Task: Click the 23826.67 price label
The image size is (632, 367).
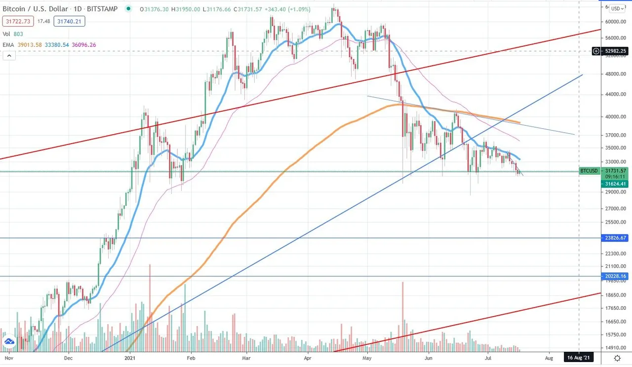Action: tap(615, 238)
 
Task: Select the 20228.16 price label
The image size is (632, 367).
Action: tap(615, 276)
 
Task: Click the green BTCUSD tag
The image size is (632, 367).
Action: tap(589, 171)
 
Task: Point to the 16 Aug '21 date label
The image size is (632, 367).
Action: tap(579, 358)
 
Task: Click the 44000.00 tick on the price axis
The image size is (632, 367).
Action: tap(615, 95)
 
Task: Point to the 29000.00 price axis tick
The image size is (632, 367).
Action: tap(615, 192)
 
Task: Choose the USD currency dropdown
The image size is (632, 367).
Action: tap(616, 8)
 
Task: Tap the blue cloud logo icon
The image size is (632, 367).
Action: tap(9, 341)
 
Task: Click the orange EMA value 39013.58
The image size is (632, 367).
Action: tap(30, 45)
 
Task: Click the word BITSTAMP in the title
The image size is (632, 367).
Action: tap(103, 9)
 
